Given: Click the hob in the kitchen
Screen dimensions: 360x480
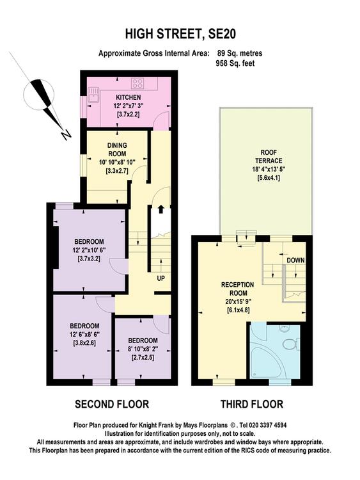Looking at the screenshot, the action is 137,83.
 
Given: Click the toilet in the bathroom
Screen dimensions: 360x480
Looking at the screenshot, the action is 290,344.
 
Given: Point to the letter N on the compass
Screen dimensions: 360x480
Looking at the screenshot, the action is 65,134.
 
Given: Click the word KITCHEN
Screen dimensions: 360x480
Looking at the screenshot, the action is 128,97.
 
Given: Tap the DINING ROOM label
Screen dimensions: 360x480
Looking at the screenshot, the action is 117,149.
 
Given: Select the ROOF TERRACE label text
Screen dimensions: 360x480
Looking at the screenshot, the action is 269,156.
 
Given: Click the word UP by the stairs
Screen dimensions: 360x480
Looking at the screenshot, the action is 160,278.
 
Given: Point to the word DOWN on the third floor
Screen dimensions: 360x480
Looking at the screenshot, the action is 295,260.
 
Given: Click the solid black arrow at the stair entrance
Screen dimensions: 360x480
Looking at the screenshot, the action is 160,209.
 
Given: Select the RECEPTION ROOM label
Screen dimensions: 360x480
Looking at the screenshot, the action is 238,289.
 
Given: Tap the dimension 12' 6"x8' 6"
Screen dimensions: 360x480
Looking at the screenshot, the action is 84,334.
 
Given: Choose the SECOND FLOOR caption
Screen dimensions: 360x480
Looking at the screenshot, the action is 112,404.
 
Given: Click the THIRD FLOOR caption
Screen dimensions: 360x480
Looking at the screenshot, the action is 252,404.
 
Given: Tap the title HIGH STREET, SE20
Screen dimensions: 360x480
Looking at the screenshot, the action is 180,34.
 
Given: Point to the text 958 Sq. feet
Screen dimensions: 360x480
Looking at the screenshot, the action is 235,63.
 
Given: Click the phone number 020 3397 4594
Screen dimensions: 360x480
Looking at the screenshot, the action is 268,425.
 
